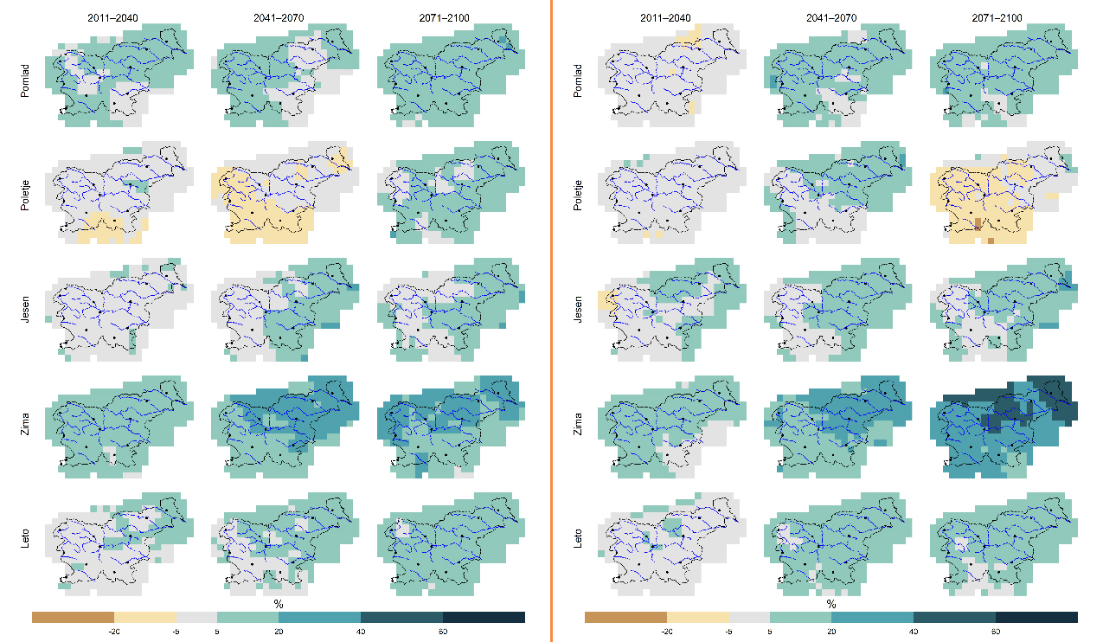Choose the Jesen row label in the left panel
tap(26, 311)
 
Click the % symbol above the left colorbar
tap(279, 603)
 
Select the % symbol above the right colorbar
tap(831, 603)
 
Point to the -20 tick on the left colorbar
tap(112, 632)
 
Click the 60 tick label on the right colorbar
tap(996, 632)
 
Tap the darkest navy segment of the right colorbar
tap(1036, 617)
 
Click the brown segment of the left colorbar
tap(73, 617)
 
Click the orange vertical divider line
tap(551, 320)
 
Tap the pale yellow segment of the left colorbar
tap(144, 617)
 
